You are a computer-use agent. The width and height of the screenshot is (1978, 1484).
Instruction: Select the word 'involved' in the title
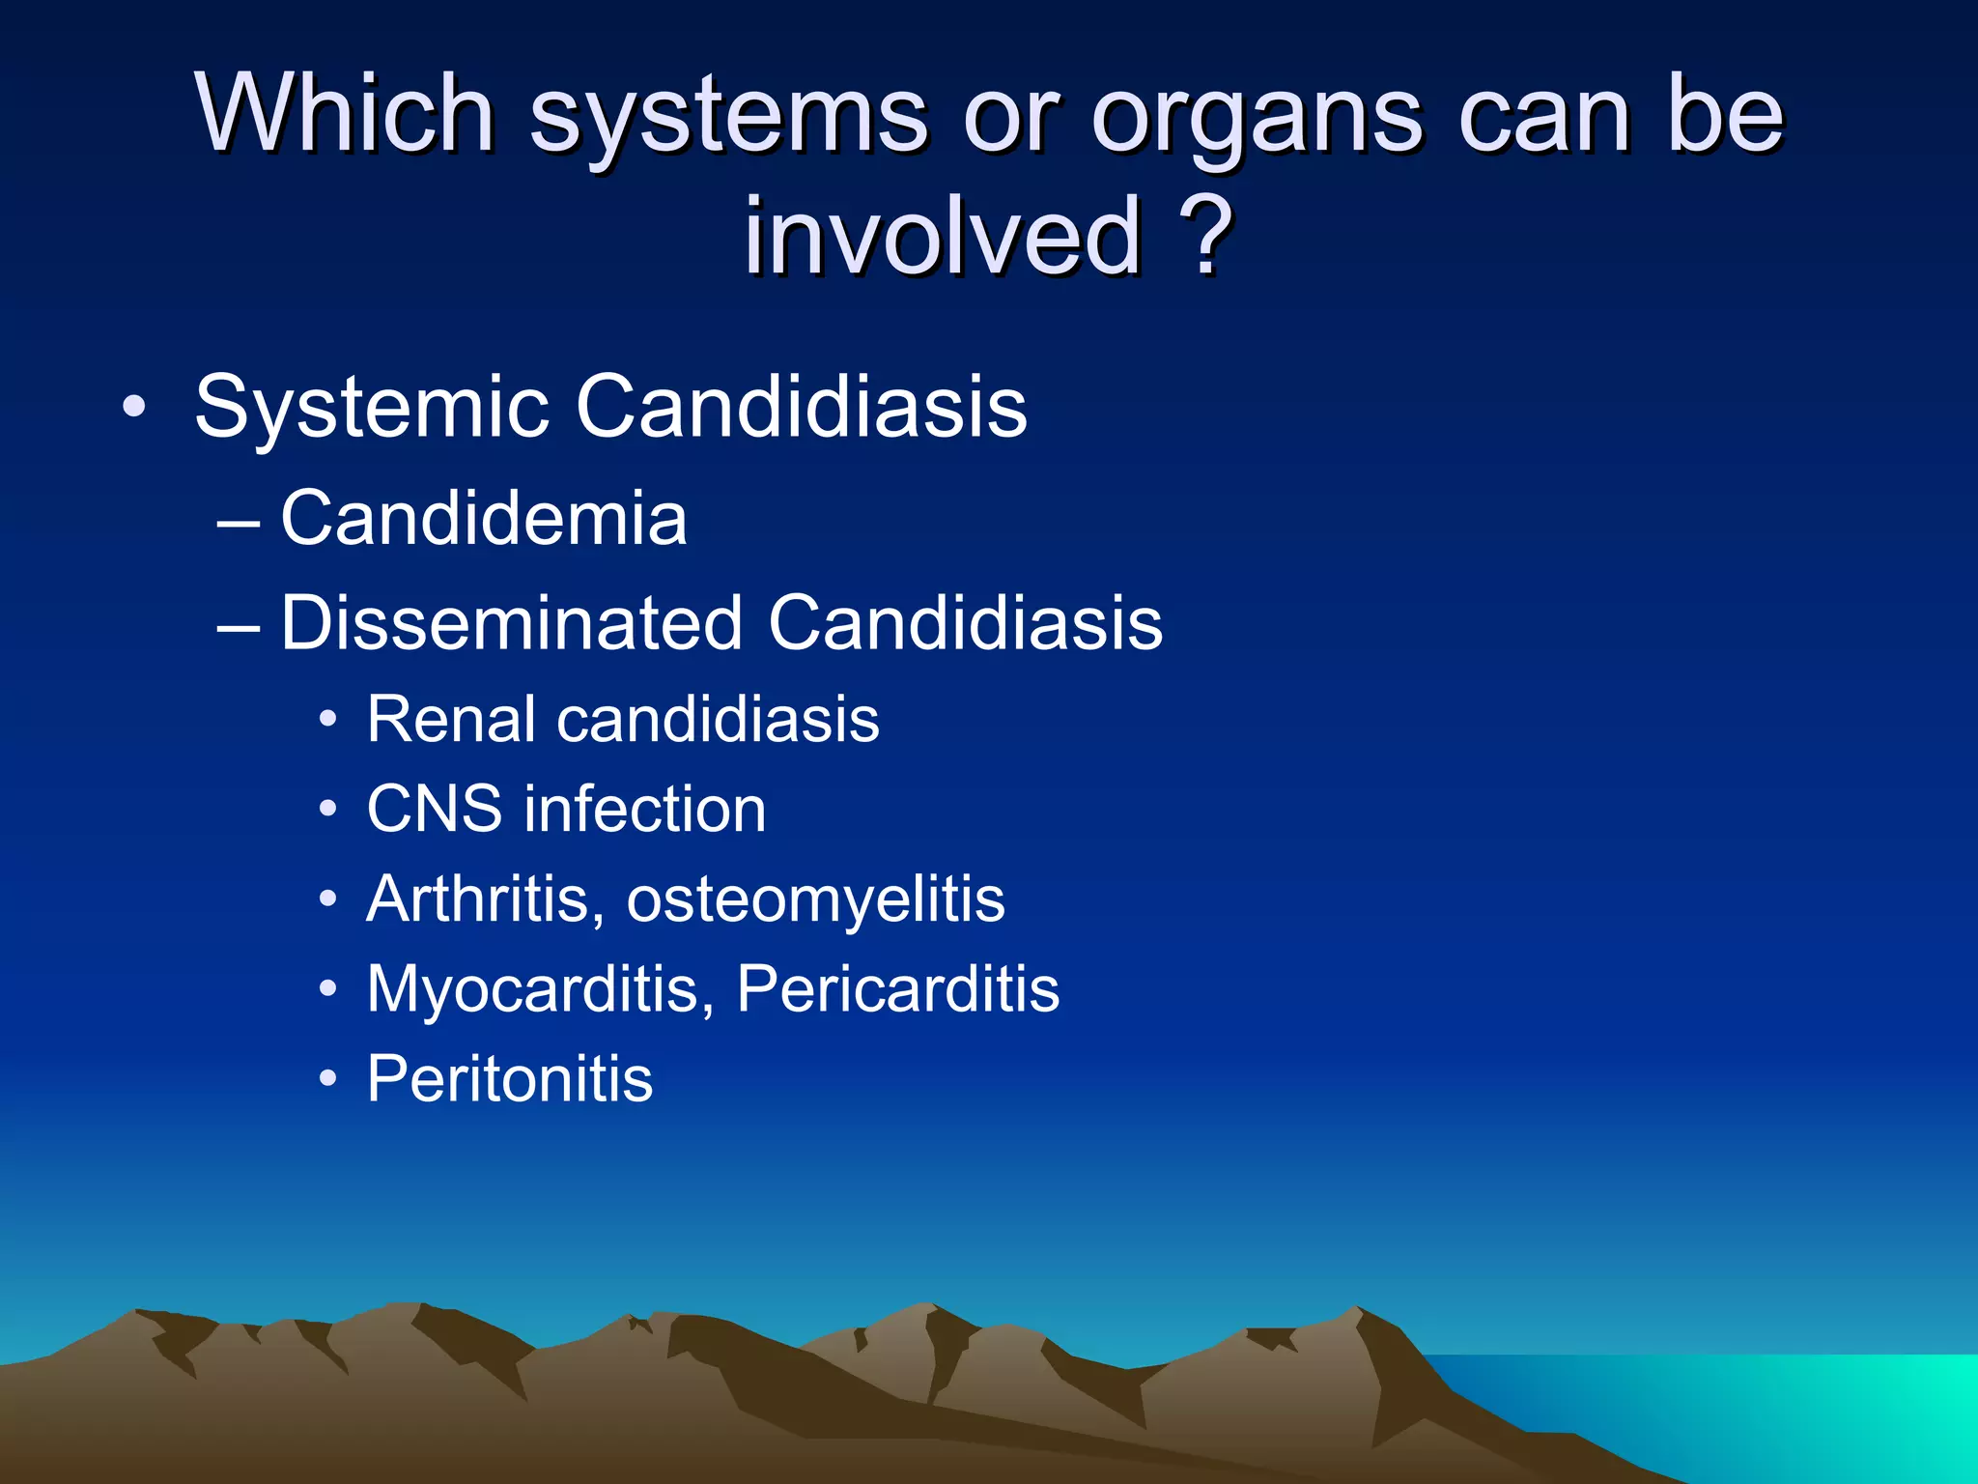coord(943,235)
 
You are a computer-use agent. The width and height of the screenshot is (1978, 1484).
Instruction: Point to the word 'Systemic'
coord(371,406)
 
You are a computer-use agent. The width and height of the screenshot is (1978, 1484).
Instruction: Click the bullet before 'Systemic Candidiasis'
coord(134,407)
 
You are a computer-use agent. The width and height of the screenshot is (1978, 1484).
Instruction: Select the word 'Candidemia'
coord(483,518)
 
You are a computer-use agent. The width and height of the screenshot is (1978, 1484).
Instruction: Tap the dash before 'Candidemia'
coord(239,523)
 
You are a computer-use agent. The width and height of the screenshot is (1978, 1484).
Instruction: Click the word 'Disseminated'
coord(511,622)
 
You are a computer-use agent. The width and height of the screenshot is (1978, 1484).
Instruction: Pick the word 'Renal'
coord(450,719)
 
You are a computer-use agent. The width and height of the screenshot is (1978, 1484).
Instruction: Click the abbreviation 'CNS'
coord(434,809)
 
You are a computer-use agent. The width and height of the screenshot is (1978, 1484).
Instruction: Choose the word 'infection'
coord(645,809)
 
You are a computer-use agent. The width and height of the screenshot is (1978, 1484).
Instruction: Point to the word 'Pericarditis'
coord(897,988)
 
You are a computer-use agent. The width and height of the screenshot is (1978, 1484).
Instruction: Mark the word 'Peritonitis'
coord(509,1078)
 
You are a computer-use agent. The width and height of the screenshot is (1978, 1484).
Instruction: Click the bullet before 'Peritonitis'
coord(328,1079)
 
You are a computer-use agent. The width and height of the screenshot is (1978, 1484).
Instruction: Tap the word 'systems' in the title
coord(728,121)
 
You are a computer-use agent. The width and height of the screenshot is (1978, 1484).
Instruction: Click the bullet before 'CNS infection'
coord(328,809)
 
